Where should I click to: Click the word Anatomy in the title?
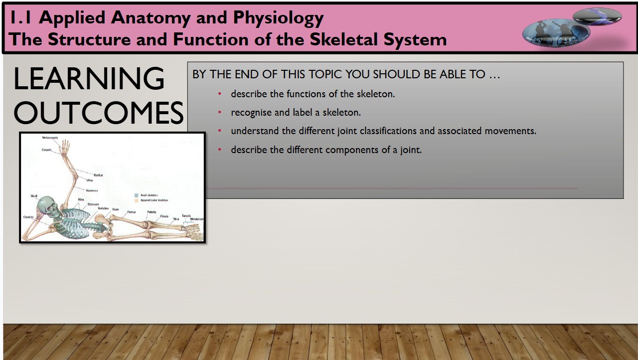click(150, 18)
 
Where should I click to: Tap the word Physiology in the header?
click(279, 18)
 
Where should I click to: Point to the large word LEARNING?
click(89, 79)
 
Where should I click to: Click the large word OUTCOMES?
click(98, 113)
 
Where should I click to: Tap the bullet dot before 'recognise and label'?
click(220, 112)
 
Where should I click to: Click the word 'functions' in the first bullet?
click(306, 94)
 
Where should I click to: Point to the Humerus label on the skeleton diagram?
click(92, 190)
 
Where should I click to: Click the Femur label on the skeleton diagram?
click(131, 212)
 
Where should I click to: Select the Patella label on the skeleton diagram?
click(152, 212)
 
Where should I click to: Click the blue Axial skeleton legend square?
click(136, 195)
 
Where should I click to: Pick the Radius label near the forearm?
click(98, 175)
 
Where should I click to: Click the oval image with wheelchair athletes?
click(556, 33)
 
